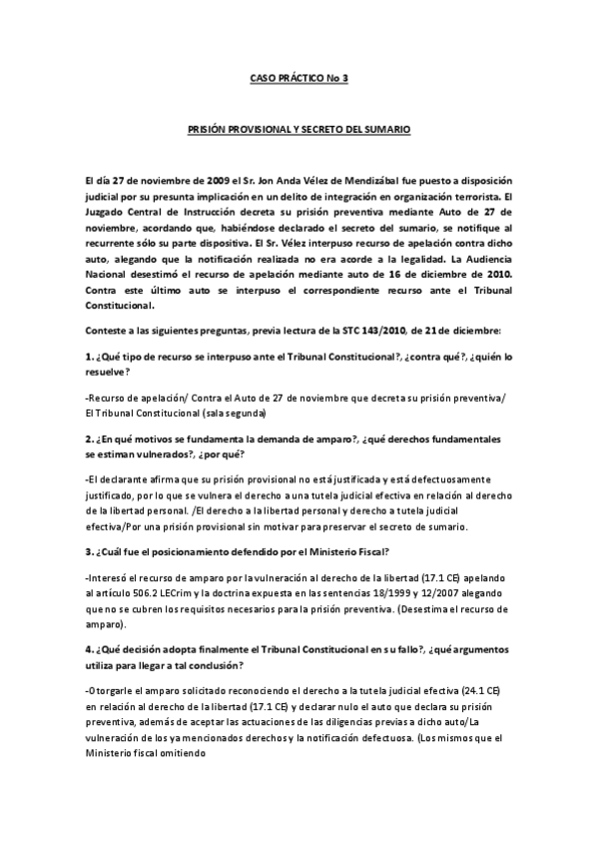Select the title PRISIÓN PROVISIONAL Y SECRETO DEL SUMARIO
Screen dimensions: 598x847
point(299,131)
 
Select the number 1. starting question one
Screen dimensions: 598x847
point(91,356)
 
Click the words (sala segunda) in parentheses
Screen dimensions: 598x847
point(239,412)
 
